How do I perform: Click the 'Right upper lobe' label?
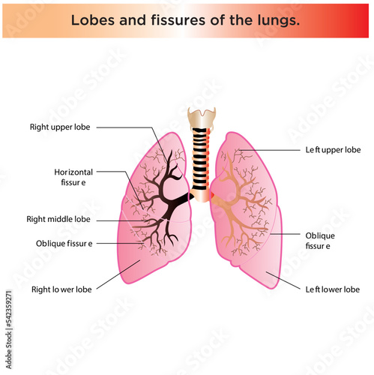(60, 127)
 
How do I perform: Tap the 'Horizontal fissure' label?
(73, 177)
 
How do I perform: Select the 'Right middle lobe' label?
(58, 219)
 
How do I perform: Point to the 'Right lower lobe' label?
(61, 289)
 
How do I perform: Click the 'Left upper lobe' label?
(333, 150)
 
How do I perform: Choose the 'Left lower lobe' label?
(333, 289)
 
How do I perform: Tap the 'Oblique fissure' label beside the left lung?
(320, 241)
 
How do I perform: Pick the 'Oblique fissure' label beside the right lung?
(64, 244)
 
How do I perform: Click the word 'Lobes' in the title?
(93, 20)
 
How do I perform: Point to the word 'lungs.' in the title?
(278, 21)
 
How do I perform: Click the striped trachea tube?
(200, 158)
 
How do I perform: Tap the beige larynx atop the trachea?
(202, 118)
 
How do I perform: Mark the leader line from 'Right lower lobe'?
(118, 274)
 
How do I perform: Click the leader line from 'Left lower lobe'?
(283, 280)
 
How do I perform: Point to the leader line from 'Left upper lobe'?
(269, 150)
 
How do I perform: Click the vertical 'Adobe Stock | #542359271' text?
(9, 329)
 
